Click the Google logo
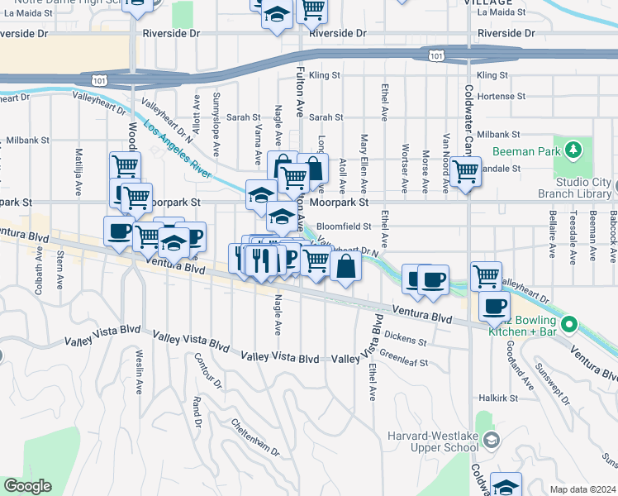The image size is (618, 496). coord(27,486)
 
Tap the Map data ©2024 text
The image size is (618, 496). coord(582,489)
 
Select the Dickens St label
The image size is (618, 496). coord(405,339)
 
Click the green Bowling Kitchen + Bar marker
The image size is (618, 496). coord(568,323)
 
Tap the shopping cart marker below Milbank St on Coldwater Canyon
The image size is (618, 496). coord(466,171)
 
